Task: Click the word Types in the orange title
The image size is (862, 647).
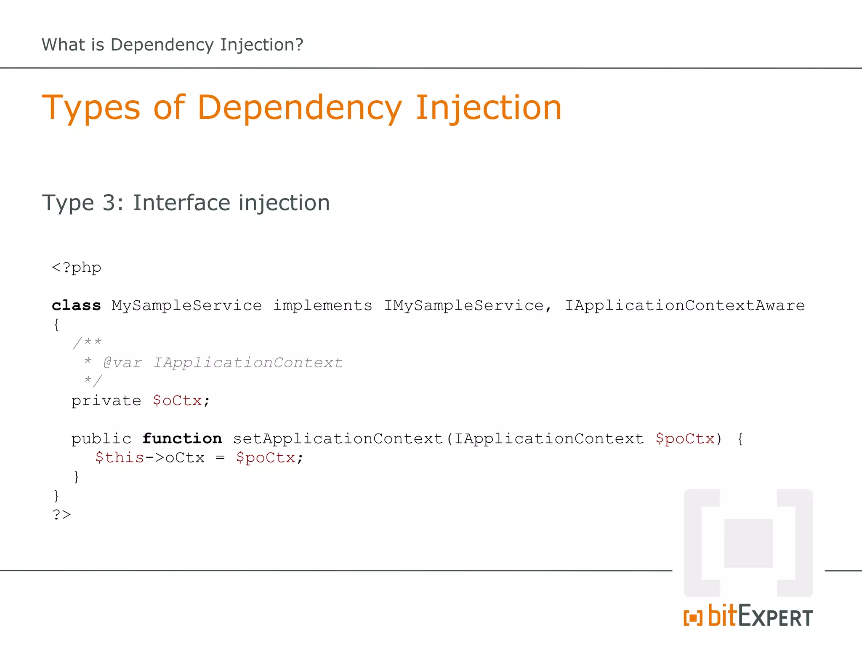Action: (x=91, y=108)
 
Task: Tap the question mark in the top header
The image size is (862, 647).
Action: (x=299, y=45)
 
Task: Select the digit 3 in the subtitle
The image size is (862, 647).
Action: (x=109, y=203)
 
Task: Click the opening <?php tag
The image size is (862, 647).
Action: (x=77, y=268)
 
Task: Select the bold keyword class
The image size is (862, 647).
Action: (x=76, y=305)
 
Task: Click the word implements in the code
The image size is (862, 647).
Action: (x=323, y=305)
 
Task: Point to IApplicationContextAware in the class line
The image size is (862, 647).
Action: (x=684, y=305)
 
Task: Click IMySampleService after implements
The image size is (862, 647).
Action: (x=464, y=305)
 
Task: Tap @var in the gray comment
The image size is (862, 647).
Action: (x=122, y=363)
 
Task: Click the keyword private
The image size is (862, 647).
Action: (x=106, y=401)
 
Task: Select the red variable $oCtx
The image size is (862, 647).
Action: (x=177, y=401)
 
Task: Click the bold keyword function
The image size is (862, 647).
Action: (x=182, y=439)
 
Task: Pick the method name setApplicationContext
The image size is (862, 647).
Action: (x=338, y=439)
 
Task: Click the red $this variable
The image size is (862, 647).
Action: (x=120, y=458)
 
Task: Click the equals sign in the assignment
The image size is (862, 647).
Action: (x=220, y=458)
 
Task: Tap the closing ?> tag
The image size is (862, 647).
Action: (x=62, y=515)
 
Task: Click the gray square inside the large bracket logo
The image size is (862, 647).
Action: (x=748, y=543)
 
